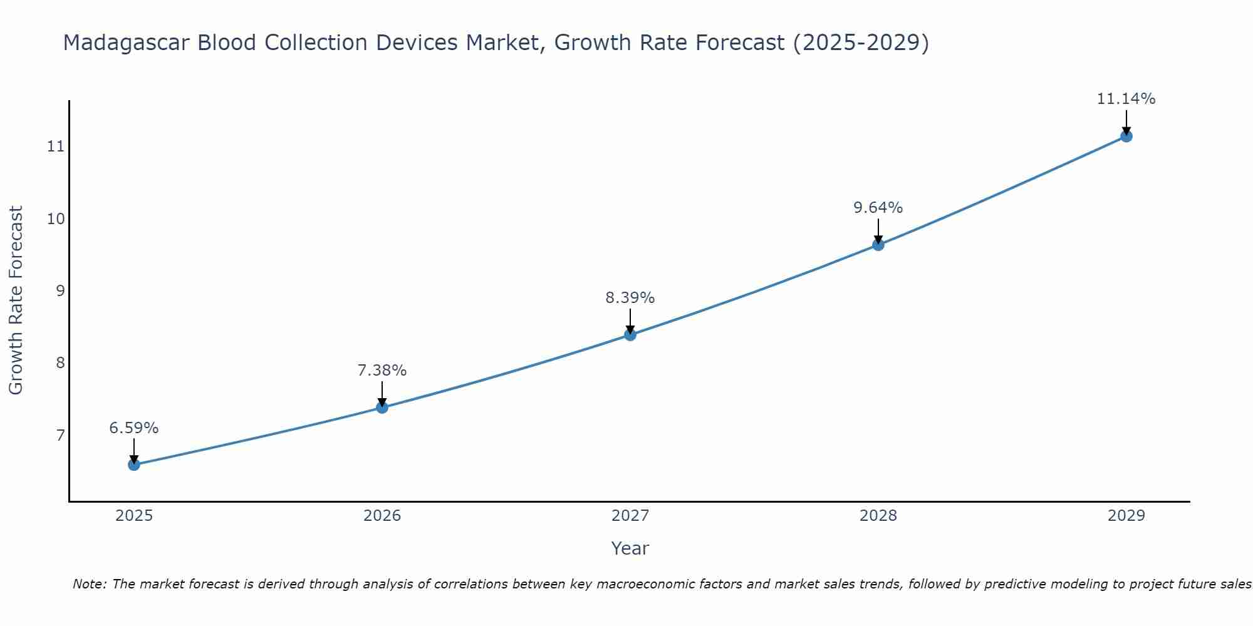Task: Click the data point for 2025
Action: tap(134, 464)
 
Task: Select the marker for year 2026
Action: tap(382, 408)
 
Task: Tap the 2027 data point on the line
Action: tap(630, 335)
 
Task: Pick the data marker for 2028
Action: tap(878, 245)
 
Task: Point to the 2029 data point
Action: tap(1126, 136)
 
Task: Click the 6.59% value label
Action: tap(134, 428)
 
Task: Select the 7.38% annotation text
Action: tap(382, 371)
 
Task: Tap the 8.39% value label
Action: tap(630, 298)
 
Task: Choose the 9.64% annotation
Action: tap(878, 208)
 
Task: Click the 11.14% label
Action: tap(1126, 99)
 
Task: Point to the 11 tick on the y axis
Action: tap(56, 146)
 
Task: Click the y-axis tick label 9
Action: tap(60, 290)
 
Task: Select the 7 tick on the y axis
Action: tap(60, 435)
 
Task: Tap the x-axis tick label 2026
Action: tap(382, 516)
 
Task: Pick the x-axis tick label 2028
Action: tap(878, 516)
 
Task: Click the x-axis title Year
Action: tap(630, 548)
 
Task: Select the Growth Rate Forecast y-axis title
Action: tap(16, 300)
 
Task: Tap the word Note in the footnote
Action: tap(88, 584)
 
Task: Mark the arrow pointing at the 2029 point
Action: tap(1126, 123)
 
